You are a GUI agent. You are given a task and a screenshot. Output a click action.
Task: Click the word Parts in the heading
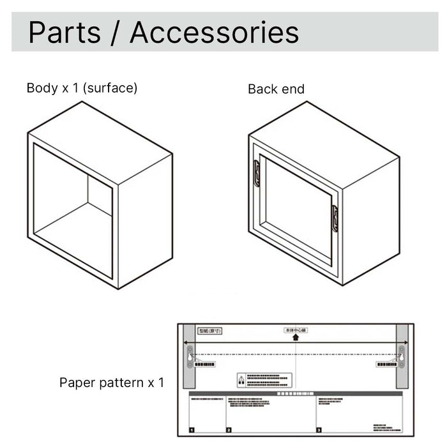coord(63,33)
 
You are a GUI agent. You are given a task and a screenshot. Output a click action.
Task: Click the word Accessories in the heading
coord(214,33)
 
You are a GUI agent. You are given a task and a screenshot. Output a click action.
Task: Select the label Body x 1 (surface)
coord(82,88)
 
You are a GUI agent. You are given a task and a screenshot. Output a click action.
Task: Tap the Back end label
coord(276,89)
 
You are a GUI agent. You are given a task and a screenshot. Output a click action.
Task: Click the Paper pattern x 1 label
coord(111,383)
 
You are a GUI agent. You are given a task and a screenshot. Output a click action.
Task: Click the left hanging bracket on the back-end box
coord(256,173)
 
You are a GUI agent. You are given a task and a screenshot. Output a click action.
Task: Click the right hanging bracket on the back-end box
coord(335,218)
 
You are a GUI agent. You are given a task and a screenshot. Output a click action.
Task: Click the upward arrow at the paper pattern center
coord(296,337)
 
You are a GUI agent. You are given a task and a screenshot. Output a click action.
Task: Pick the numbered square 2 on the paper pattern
coord(229,430)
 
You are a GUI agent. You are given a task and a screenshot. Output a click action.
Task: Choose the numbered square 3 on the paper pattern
coord(319,430)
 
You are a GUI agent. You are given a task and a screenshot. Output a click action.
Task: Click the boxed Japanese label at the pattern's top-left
coord(211,331)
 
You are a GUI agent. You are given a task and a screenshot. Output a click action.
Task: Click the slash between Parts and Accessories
coord(116,33)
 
